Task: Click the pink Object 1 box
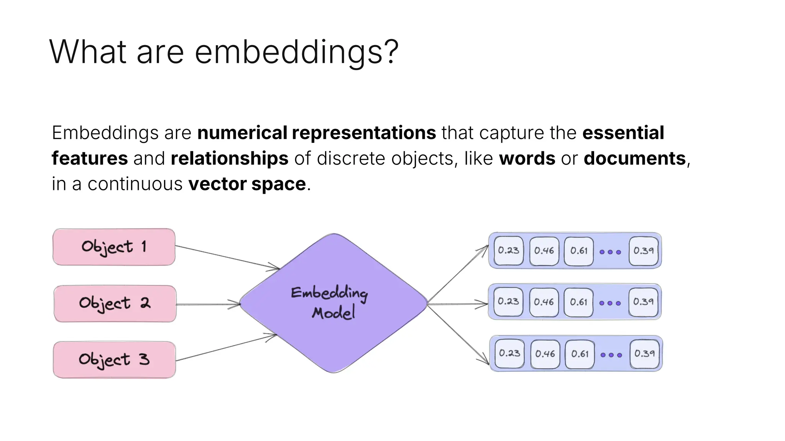(114, 247)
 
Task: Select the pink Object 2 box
(115, 304)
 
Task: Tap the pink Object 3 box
(114, 360)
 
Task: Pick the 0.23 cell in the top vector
(509, 251)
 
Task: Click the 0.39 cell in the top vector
(644, 251)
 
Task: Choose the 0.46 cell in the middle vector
(544, 302)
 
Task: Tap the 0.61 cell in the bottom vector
(580, 354)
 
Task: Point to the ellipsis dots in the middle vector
(610, 303)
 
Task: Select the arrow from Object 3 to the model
(226, 348)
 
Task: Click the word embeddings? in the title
(297, 52)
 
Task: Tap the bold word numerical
(242, 133)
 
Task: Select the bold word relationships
(229, 158)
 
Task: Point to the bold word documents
(634, 158)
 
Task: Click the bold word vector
(217, 184)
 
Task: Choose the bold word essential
(623, 133)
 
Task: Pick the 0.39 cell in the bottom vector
(645, 354)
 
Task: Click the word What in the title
(88, 52)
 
